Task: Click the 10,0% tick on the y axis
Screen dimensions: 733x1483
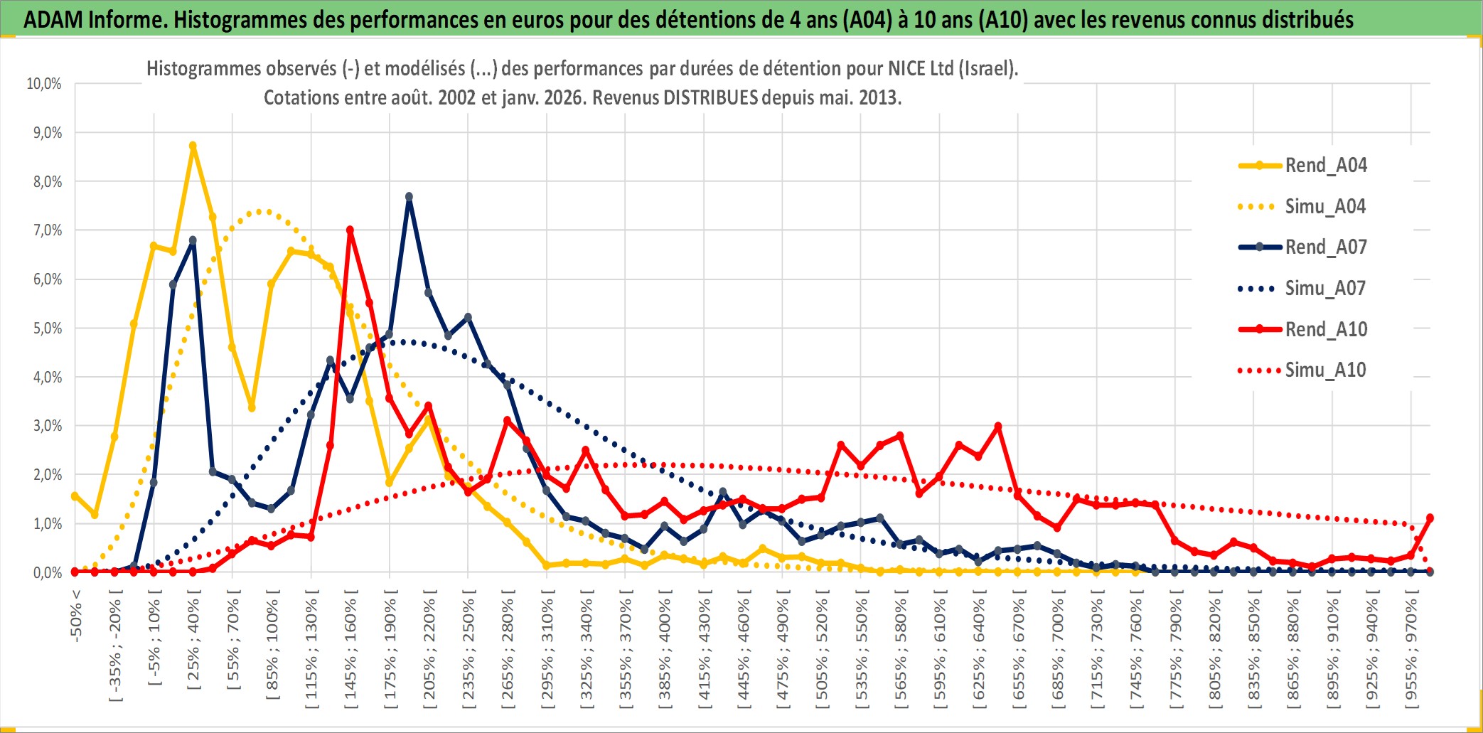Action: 44,84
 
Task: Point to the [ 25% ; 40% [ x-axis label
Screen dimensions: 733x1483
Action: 193,644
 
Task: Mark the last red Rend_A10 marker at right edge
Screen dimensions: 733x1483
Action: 1430,518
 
